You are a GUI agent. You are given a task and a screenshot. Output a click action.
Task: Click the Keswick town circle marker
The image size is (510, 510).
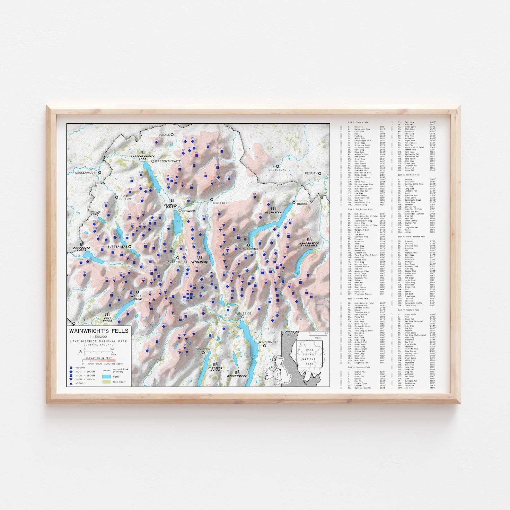tap(180, 210)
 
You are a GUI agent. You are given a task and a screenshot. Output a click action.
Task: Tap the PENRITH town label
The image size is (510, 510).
tap(311, 173)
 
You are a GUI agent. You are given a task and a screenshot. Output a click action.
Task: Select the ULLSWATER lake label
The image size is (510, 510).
tap(273, 212)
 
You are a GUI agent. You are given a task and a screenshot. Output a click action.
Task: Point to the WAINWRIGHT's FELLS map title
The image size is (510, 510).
tap(99, 331)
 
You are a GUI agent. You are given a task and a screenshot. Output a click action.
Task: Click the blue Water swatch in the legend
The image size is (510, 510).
tap(107, 376)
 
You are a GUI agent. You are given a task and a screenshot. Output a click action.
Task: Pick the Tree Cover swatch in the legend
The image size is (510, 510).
tap(107, 382)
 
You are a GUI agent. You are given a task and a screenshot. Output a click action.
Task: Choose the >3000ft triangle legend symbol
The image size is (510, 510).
tap(71, 383)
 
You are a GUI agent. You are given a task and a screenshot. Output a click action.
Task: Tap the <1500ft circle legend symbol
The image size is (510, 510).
tap(71, 368)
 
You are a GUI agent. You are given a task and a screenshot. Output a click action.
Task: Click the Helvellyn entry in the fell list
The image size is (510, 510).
tap(358, 127)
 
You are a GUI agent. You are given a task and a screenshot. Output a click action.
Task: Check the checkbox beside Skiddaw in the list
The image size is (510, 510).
tap(391, 180)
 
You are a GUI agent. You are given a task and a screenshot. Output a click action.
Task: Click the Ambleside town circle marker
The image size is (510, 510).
tap(243, 317)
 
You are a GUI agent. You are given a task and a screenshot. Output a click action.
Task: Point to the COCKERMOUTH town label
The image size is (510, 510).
tap(86, 173)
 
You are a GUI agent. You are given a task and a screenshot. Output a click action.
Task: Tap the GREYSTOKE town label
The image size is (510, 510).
tap(277, 170)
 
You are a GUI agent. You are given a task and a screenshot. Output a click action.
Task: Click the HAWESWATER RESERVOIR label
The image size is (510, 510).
tap(309, 244)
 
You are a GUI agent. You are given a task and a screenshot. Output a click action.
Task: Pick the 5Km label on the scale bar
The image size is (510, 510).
tap(113, 355)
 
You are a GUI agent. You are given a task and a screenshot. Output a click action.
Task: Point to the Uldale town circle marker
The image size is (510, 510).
tap(172, 135)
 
